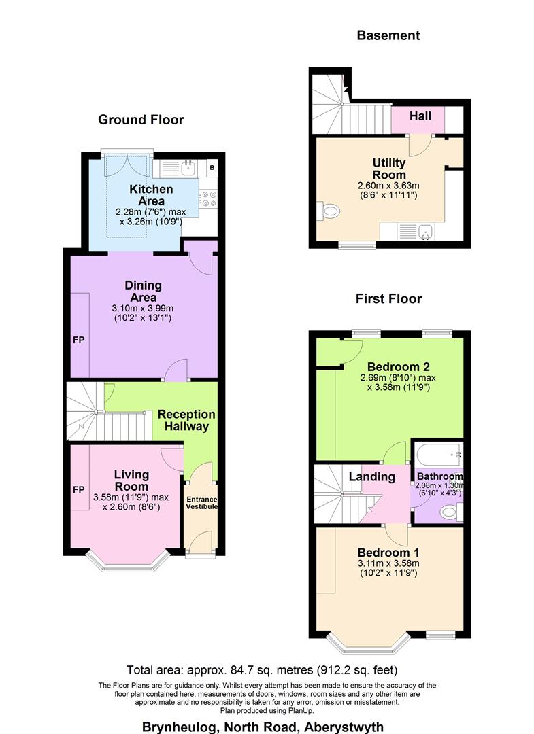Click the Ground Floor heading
point(141,120)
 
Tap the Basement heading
point(388,35)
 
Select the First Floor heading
point(388,298)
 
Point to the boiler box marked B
point(212,167)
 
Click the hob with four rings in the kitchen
point(208,198)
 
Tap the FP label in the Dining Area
point(78,340)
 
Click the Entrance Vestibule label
point(202,503)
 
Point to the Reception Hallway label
point(186,420)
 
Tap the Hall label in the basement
point(420,116)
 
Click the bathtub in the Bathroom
point(439,453)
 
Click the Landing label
point(371,476)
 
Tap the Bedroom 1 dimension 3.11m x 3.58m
point(388,562)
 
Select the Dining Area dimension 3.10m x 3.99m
point(142,308)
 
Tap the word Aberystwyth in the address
point(350,726)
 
